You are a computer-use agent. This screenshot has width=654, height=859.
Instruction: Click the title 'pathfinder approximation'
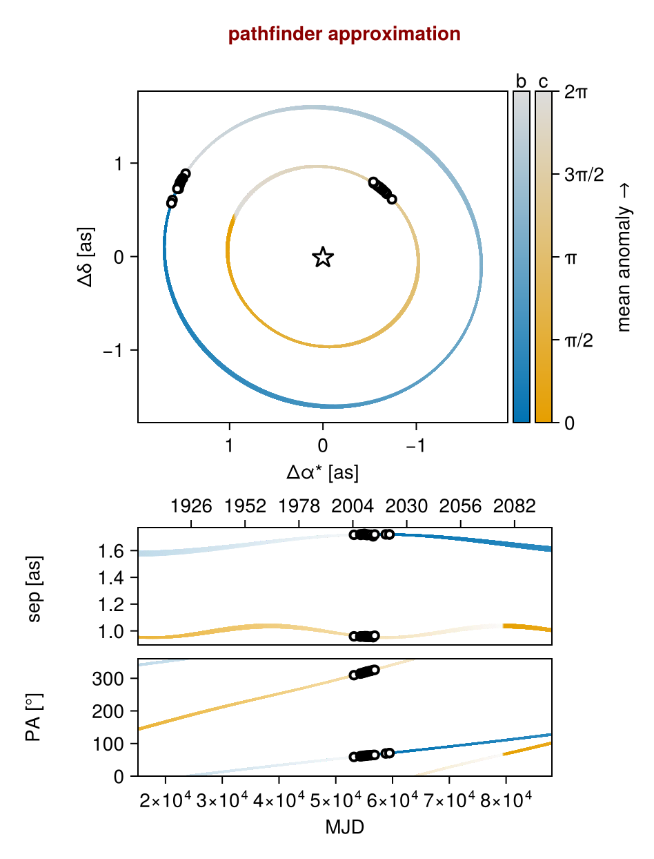pyautogui.click(x=344, y=34)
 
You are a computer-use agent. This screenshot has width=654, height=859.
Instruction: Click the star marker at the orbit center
pyautogui.click(x=323, y=257)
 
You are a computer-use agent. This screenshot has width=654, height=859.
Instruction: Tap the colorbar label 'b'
pyautogui.click(x=521, y=81)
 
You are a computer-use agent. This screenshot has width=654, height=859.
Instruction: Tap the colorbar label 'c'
pyautogui.click(x=543, y=81)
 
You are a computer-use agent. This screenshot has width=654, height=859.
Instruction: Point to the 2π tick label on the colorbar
pyautogui.click(x=575, y=92)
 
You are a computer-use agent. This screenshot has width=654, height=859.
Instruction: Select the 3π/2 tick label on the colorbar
pyautogui.click(x=584, y=175)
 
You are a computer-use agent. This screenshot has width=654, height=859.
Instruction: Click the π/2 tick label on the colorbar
pyautogui.click(x=579, y=340)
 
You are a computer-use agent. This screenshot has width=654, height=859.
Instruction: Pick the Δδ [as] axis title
pyautogui.click(x=86, y=257)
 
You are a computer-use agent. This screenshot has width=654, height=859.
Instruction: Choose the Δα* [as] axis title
pyautogui.click(x=322, y=472)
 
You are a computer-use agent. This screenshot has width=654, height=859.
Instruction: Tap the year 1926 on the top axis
pyautogui.click(x=191, y=506)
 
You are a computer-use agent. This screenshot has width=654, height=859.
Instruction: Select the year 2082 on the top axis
pyautogui.click(x=514, y=506)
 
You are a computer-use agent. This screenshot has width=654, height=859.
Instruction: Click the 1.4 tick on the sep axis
pyautogui.click(x=110, y=578)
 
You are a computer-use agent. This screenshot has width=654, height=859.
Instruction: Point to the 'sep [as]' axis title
pyautogui.click(x=34, y=588)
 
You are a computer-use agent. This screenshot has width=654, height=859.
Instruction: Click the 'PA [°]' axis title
pyautogui.click(x=34, y=717)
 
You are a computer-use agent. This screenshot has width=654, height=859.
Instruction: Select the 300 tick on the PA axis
pyautogui.click(x=108, y=678)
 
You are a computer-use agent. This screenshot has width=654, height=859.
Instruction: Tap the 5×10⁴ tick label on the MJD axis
pyautogui.click(x=336, y=800)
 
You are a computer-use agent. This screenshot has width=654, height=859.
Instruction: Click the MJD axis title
pyautogui.click(x=344, y=827)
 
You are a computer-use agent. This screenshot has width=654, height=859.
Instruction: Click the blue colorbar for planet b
pyautogui.click(x=522, y=257)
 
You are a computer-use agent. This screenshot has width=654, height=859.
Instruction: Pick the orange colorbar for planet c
pyautogui.click(x=544, y=257)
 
